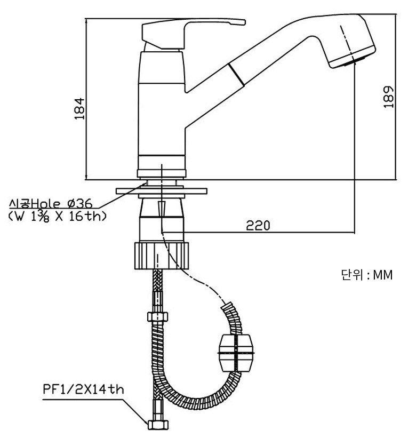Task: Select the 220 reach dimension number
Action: (258, 225)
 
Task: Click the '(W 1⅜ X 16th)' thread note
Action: (58, 216)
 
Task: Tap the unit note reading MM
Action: (382, 275)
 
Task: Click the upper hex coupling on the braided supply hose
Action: (157, 316)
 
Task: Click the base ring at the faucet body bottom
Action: (162, 172)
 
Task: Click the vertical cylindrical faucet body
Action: (161, 107)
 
